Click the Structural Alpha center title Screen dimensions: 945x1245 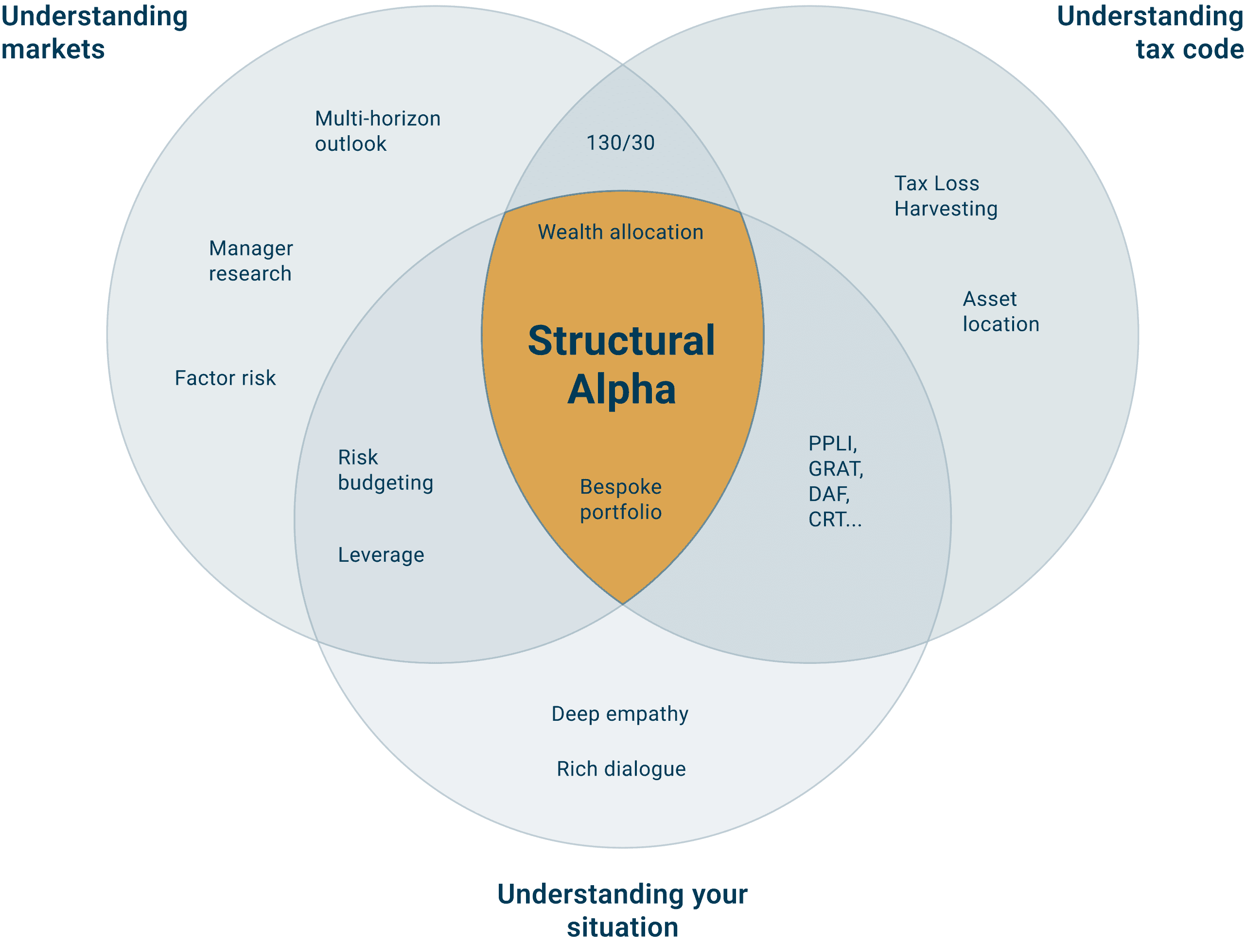(x=621, y=364)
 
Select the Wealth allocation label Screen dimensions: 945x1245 (x=620, y=232)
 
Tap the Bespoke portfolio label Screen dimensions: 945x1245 (x=620, y=499)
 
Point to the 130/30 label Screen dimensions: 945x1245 (x=620, y=143)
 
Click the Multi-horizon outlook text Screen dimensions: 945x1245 (x=377, y=131)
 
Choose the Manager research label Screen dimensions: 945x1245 (x=250, y=261)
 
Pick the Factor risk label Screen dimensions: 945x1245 (x=225, y=378)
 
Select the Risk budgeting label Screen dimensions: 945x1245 (x=385, y=470)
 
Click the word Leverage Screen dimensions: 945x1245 (x=381, y=555)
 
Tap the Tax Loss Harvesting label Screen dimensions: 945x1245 (x=945, y=196)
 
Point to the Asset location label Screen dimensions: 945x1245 (x=1000, y=311)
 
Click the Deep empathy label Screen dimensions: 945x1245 (x=620, y=713)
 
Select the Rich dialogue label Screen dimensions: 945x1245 (x=621, y=769)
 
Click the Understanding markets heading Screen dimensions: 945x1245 (x=94, y=32)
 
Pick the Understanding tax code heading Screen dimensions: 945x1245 (x=1150, y=32)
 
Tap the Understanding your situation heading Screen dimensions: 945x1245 (x=622, y=910)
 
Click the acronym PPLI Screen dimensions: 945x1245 (x=831, y=443)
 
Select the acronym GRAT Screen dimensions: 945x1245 (x=834, y=468)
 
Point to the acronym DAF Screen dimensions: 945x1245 (x=827, y=494)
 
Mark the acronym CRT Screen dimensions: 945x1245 (x=827, y=519)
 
